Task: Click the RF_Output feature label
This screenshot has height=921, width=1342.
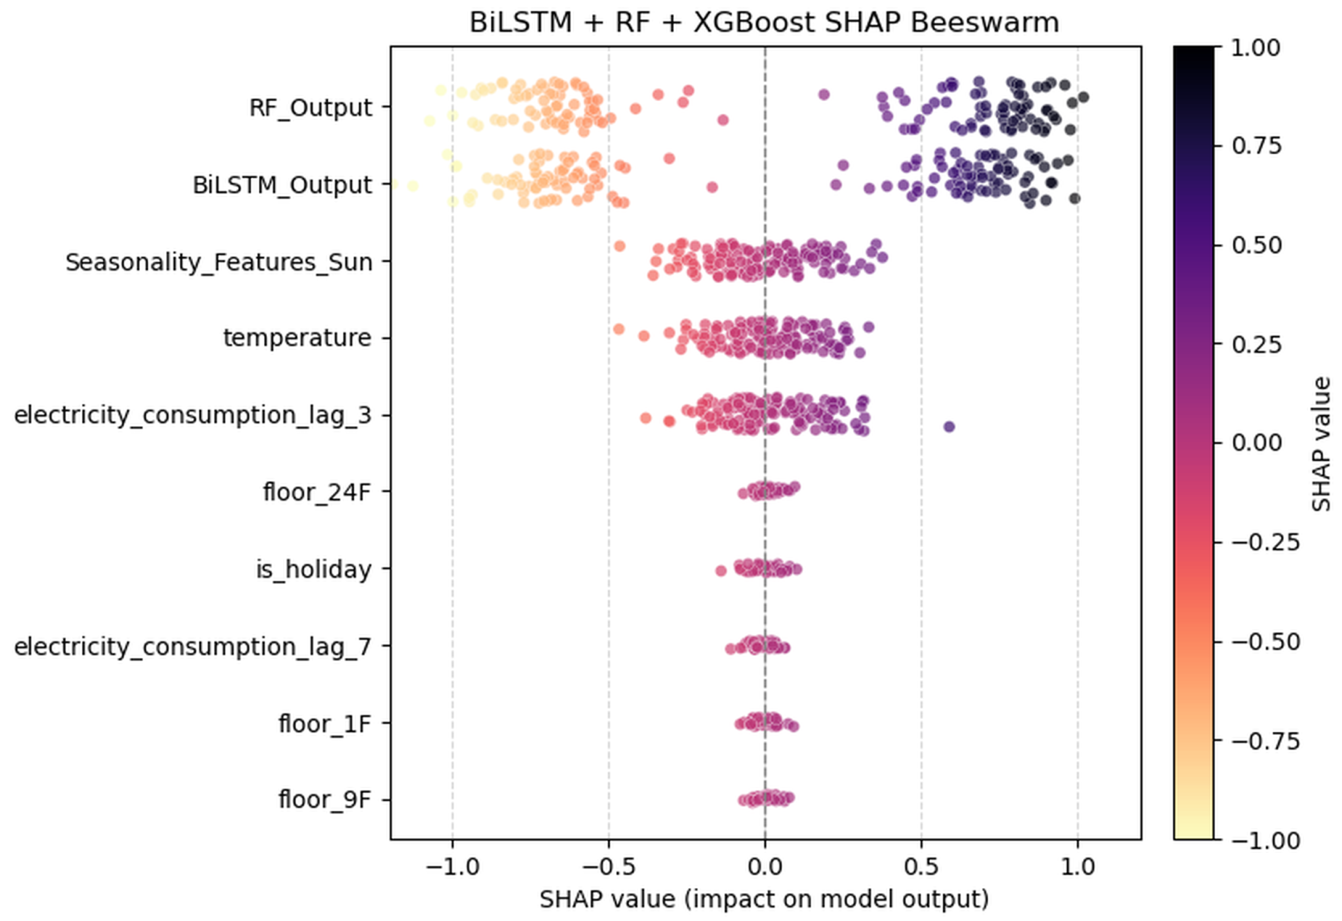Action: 310,108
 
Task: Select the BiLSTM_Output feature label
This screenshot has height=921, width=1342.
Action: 282,185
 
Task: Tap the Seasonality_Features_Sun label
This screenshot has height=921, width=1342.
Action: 219,263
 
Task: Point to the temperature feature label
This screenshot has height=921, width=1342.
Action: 297,338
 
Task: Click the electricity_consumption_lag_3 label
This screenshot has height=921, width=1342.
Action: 192,416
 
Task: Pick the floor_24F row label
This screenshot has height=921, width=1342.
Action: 316,492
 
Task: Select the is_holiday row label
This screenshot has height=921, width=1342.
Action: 314,570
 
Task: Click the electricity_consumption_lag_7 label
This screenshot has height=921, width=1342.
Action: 192,647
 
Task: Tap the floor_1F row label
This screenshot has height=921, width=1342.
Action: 324,723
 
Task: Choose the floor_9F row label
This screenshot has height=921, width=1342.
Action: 324,800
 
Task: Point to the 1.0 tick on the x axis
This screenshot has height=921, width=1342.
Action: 1078,867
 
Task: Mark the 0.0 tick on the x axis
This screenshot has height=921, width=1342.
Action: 765,867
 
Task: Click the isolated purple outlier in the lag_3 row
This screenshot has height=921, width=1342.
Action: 949,427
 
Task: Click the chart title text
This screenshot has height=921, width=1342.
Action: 764,23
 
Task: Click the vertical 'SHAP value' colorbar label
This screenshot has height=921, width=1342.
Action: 1320,445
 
